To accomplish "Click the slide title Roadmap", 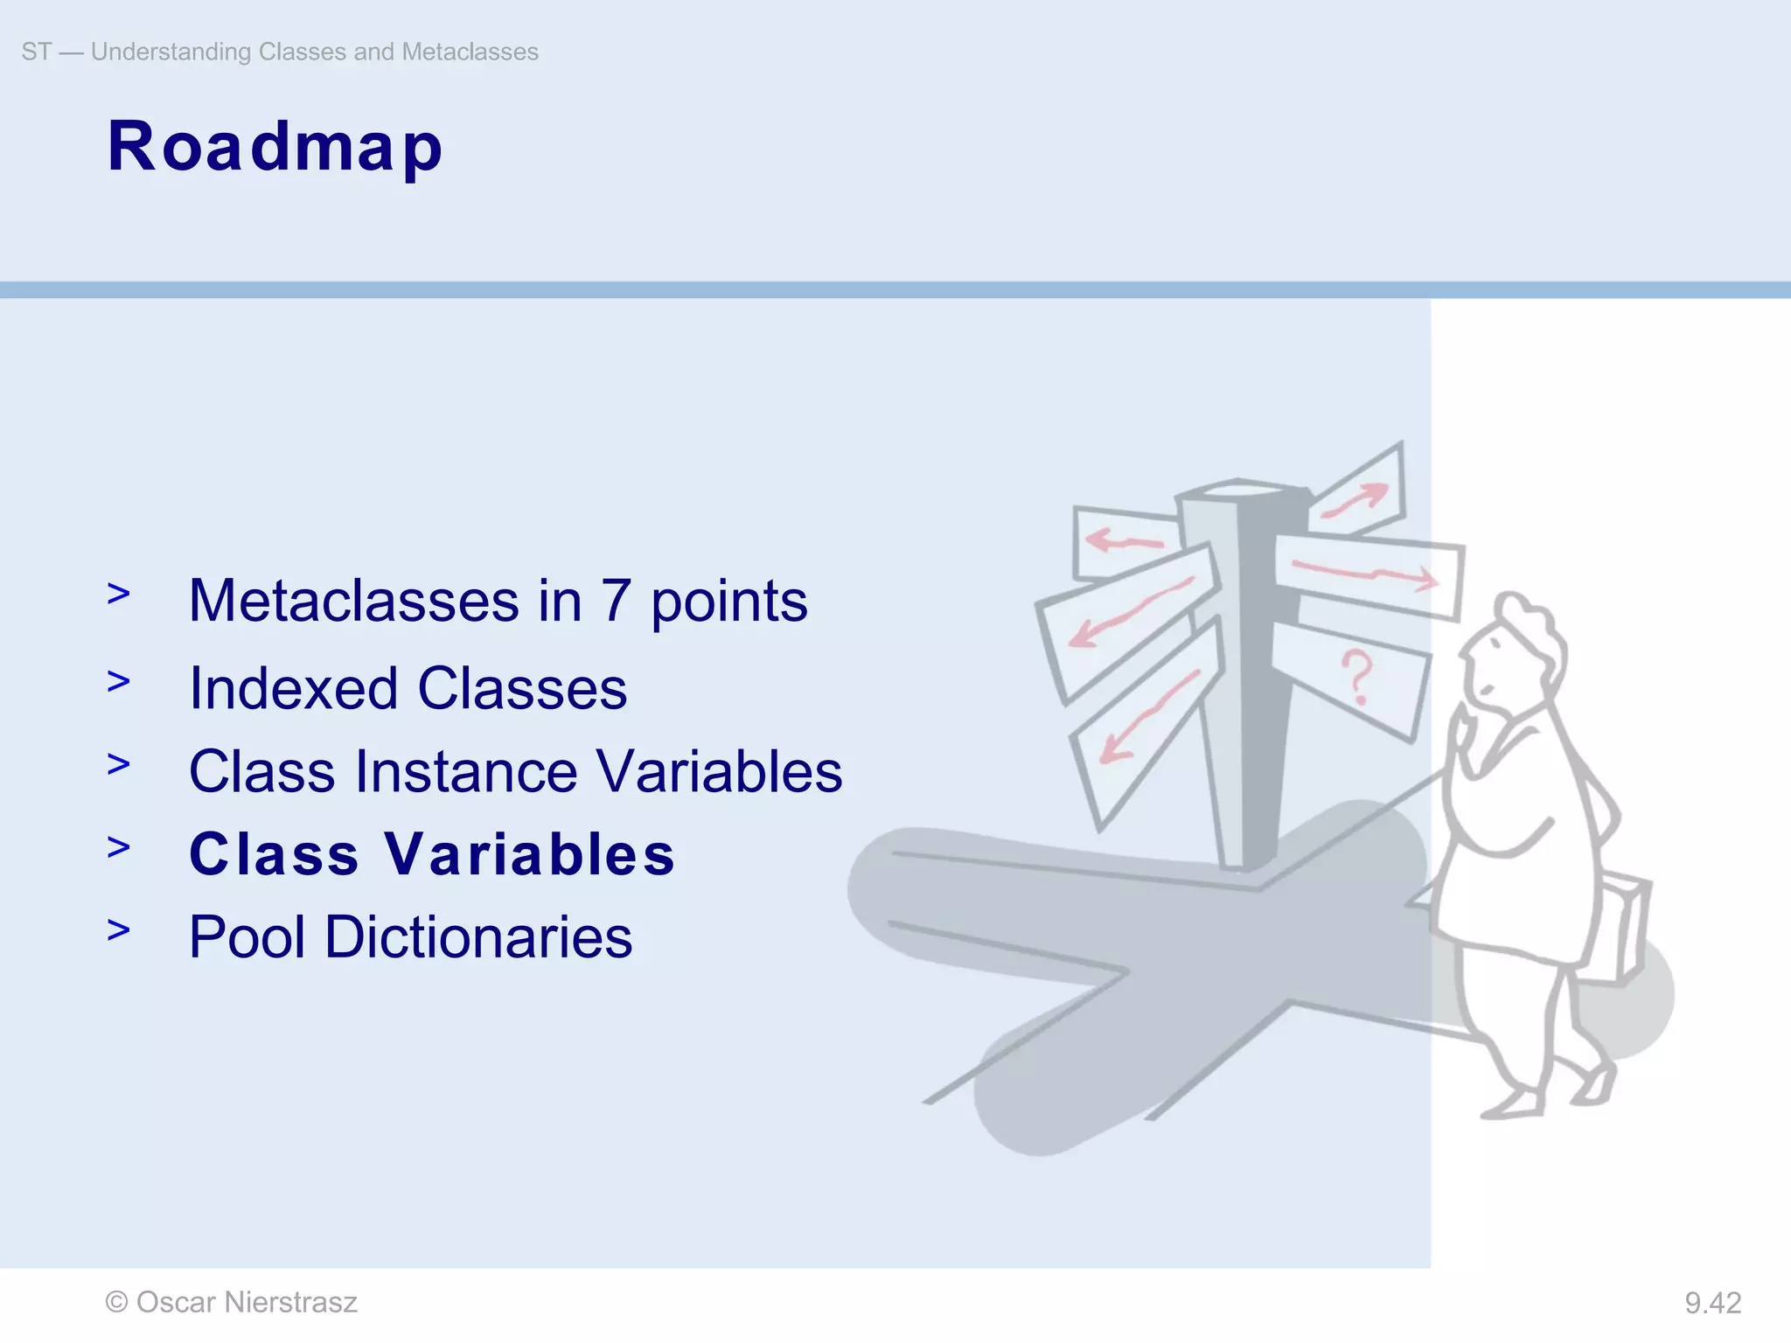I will pos(275,147).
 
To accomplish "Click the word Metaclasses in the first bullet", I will pos(354,602).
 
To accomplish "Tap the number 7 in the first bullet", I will pos(616,602).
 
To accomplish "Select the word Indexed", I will pos(294,689).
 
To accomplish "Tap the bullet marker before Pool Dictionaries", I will pos(118,930).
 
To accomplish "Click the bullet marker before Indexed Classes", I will pos(118,681).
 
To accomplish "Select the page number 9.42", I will pos(1712,1304).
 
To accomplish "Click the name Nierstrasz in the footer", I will pos(290,1303).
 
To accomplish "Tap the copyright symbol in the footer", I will pos(116,1303).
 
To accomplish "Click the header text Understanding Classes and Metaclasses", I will pos(314,52).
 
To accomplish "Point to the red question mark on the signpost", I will pos(1356,678).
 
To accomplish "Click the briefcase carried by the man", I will pos(1622,927).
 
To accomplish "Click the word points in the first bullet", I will pos(728,603).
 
